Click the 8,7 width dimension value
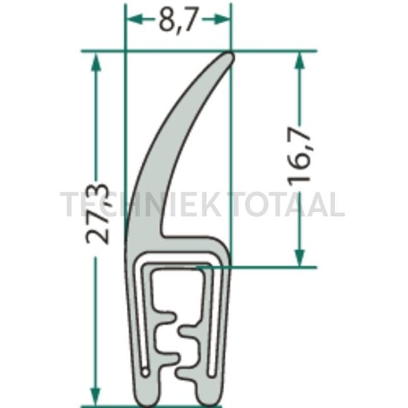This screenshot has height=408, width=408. pos(177,19)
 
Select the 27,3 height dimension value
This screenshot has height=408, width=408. pos(97,213)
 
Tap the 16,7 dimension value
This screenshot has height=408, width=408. pos(299,156)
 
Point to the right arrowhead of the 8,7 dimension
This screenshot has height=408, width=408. pos(222,19)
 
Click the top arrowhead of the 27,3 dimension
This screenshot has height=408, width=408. pos(96,62)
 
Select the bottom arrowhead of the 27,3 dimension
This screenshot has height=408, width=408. pos(95,395)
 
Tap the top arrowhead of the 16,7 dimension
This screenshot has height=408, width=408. pos(299,60)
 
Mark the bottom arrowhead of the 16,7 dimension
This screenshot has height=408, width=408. pos(299,257)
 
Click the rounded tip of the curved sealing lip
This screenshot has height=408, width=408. pos(229,57)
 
